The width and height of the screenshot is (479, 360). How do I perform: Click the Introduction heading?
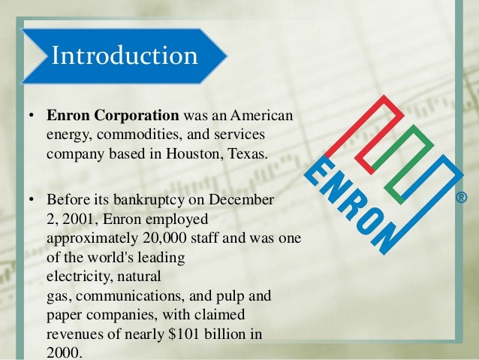(x=124, y=56)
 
